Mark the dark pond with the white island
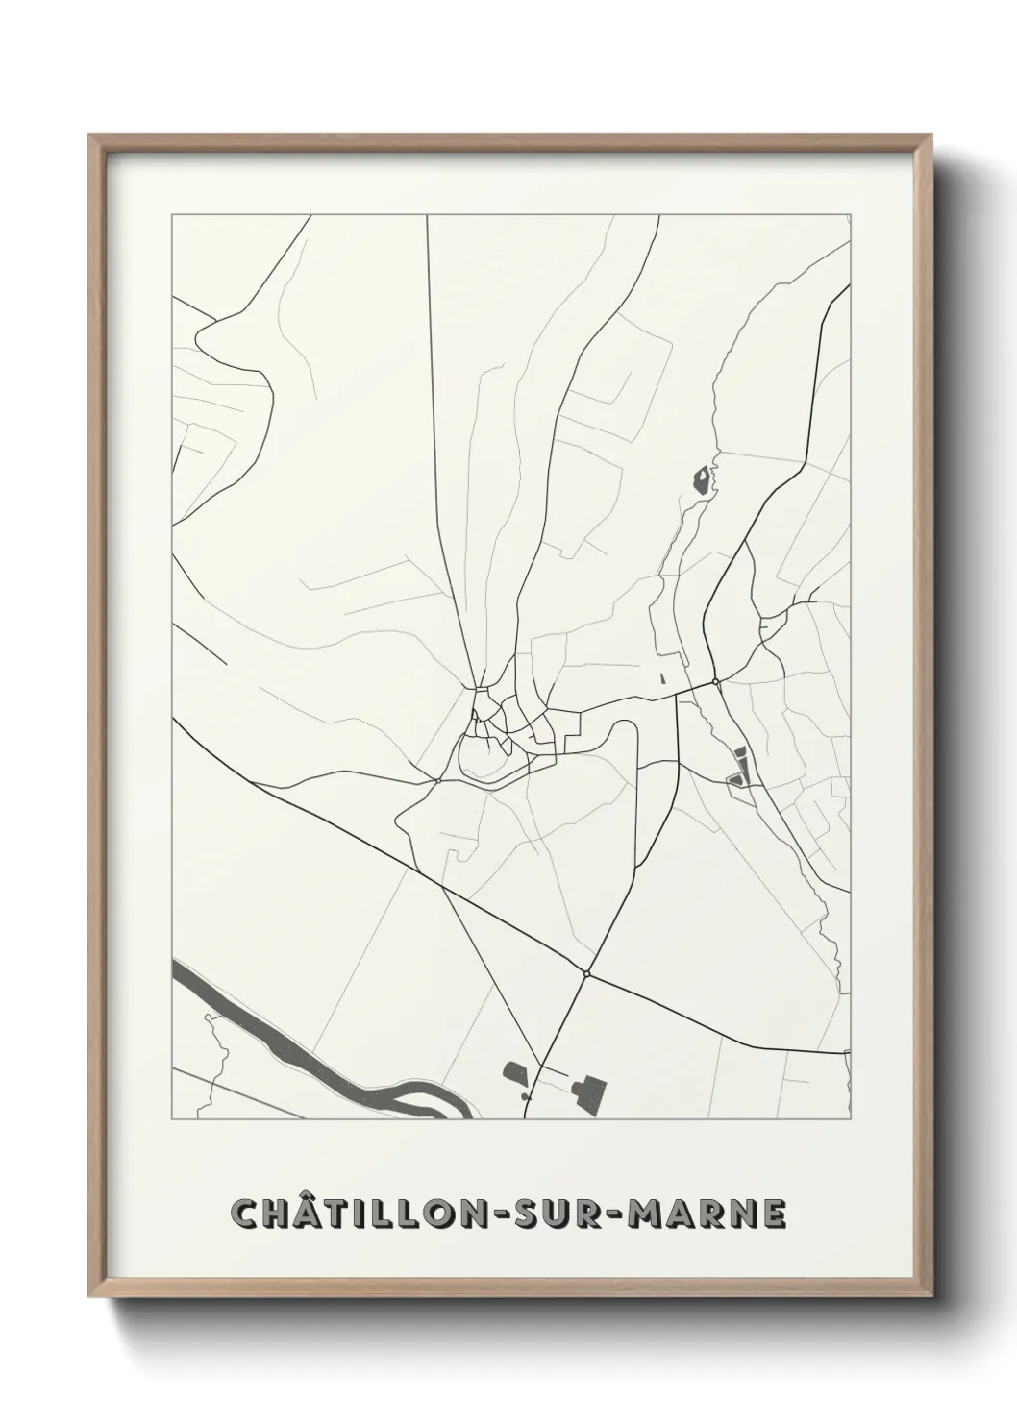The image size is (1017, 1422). pyautogui.click(x=706, y=480)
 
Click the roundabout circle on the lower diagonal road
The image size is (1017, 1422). pyautogui.click(x=585, y=974)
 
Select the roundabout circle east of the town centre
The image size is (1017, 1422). pyautogui.click(x=716, y=682)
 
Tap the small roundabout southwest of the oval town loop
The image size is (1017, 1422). pyautogui.click(x=438, y=780)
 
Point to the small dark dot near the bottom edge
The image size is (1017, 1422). pyautogui.click(x=524, y=1095)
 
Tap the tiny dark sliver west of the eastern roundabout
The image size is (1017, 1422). pyautogui.click(x=662, y=678)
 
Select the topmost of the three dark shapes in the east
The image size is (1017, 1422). pyautogui.click(x=740, y=754)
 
